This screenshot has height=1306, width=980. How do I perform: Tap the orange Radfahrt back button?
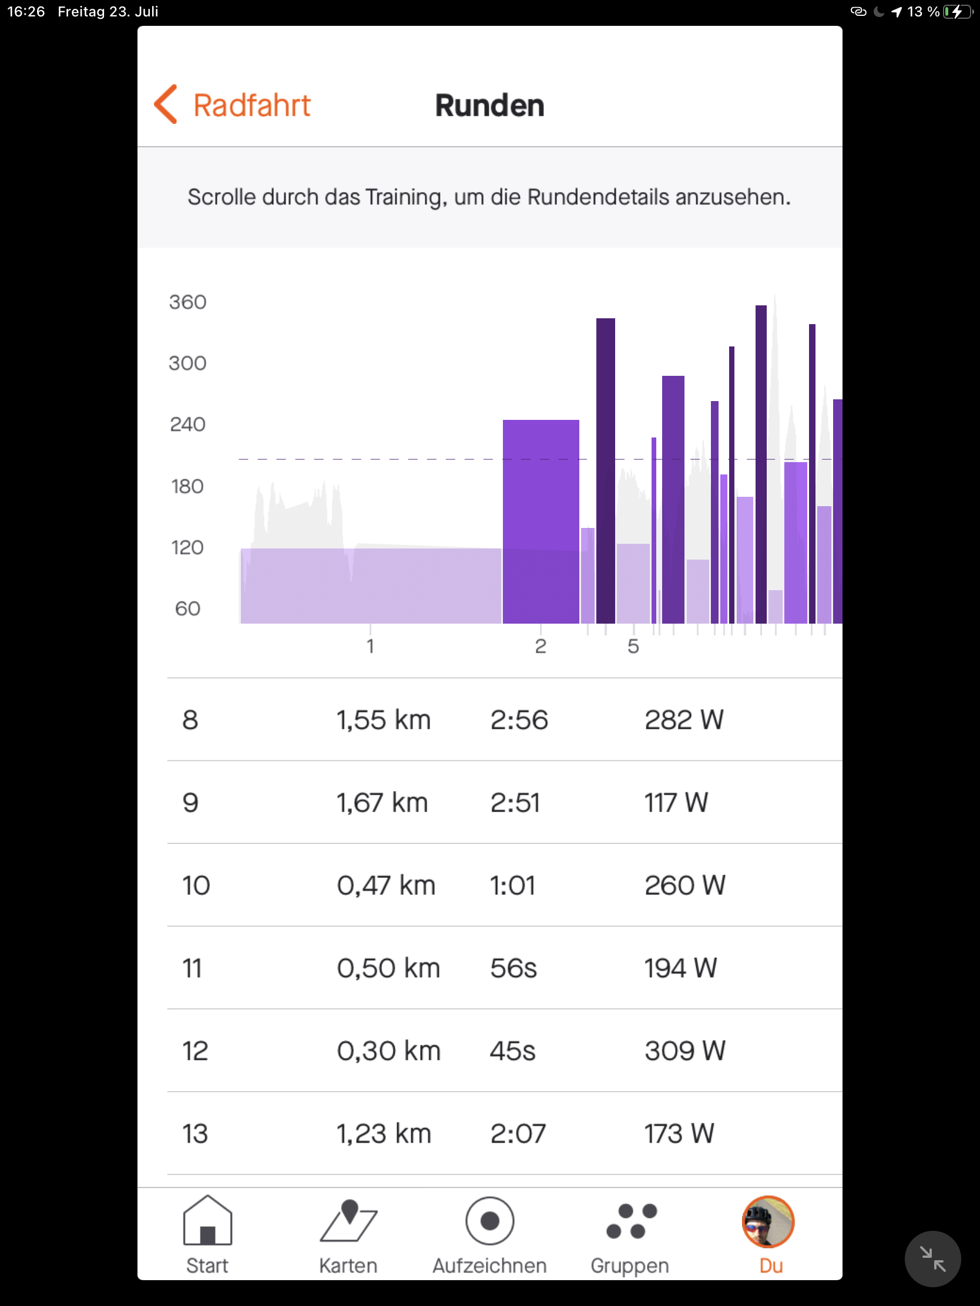pyautogui.click(x=233, y=105)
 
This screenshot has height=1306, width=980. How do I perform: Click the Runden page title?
pyautogui.click(x=489, y=106)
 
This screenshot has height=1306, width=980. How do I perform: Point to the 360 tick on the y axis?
pyautogui.click(x=187, y=302)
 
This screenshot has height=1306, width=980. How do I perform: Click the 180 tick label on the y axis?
pyautogui.click(x=187, y=486)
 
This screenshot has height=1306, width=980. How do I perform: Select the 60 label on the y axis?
pyautogui.click(x=187, y=609)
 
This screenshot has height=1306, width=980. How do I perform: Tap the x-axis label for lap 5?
pyautogui.click(x=633, y=647)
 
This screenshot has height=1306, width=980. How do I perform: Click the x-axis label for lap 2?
pyautogui.click(x=540, y=647)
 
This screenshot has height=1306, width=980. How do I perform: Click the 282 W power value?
pyautogui.click(x=683, y=720)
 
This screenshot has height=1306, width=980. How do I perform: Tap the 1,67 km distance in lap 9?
pyautogui.click(x=382, y=802)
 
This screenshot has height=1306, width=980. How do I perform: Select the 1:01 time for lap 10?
pyautogui.click(x=512, y=885)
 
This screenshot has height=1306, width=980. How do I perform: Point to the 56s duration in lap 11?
pyautogui.click(x=513, y=968)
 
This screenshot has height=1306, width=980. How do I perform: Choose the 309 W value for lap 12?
pyautogui.click(x=684, y=1051)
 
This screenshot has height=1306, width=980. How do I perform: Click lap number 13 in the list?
pyautogui.click(x=195, y=1133)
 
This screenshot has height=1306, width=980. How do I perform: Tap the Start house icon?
pyautogui.click(x=207, y=1221)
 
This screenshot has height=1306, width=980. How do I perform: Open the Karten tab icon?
pyautogui.click(x=348, y=1221)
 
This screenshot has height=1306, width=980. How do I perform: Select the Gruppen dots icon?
pyautogui.click(x=630, y=1221)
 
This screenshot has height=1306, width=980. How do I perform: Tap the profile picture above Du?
pyautogui.click(x=767, y=1221)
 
